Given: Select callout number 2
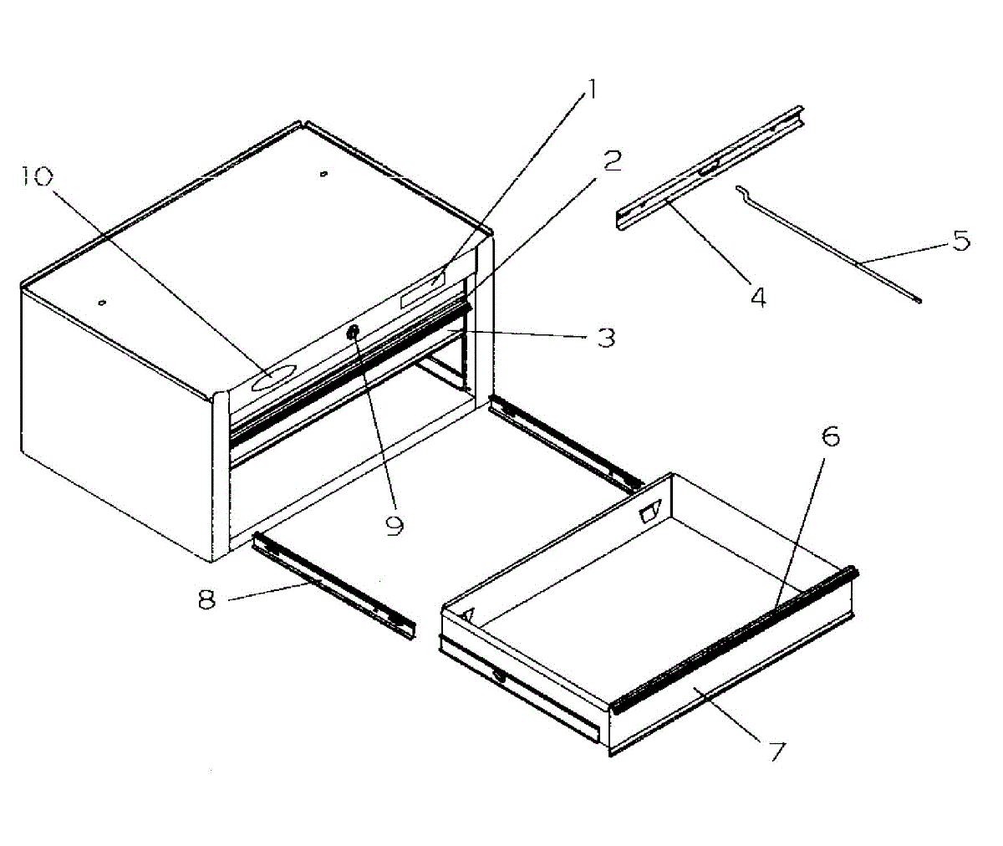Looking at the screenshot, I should [613, 161].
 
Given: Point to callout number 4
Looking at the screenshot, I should [757, 297].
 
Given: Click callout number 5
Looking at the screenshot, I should [961, 241].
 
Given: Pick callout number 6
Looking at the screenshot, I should [830, 437].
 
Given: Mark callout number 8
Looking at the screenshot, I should [208, 599].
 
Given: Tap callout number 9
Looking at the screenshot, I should [394, 524].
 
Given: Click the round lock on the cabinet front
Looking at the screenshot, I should [354, 333].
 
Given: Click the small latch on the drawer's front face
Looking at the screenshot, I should [499, 676].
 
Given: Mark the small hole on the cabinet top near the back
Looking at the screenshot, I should [324, 174].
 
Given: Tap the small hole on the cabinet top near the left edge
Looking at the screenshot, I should [101, 303].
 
